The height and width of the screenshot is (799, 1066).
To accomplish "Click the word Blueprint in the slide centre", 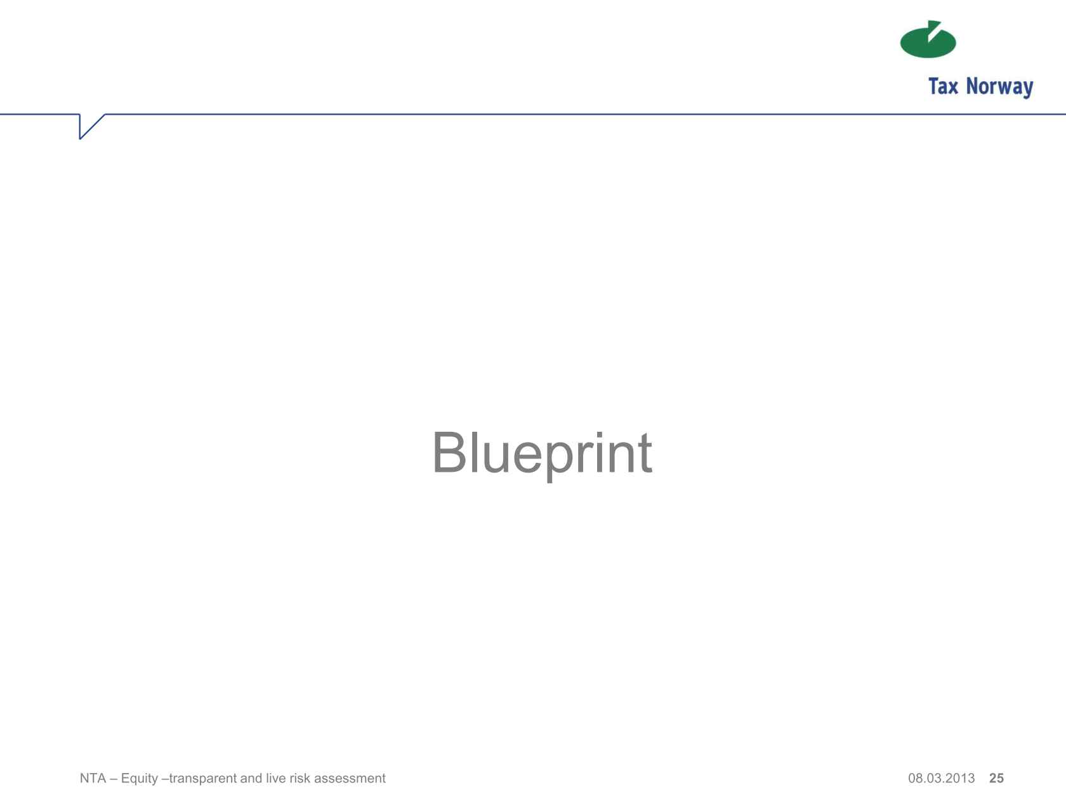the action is [542, 453].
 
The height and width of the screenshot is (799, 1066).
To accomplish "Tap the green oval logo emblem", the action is [928, 39].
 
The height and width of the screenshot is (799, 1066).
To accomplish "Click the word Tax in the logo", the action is [943, 86].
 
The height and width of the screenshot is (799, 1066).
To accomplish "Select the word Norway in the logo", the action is [999, 88].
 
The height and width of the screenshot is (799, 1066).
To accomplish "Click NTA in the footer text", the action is [93, 778].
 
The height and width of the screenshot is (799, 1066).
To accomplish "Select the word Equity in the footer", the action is [140, 779].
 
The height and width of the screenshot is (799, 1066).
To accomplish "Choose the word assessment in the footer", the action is [350, 779].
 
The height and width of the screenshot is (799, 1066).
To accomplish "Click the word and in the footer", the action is [251, 778].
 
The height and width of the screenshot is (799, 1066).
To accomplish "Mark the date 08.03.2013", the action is [941, 778].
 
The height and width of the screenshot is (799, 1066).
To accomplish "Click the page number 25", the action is [996, 778].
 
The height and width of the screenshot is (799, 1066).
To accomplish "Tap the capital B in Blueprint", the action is [449, 452].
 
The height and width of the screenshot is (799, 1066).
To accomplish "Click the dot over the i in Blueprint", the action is [599, 434].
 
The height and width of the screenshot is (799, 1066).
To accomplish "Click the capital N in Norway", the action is [972, 86].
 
